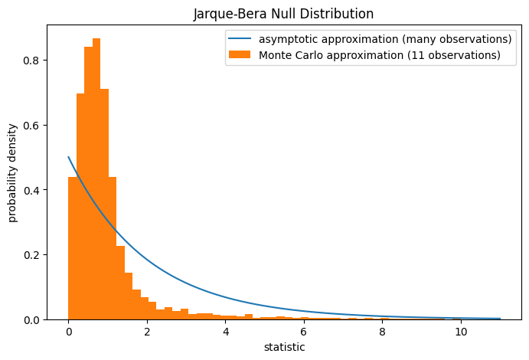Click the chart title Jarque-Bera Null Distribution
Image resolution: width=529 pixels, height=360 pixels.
[x=284, y=13]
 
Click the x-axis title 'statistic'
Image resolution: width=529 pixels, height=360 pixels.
[x=284, y=347]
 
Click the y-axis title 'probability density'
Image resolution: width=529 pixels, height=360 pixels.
[x=13, y=172]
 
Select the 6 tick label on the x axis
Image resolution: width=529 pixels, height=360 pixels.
[x=304, y=332]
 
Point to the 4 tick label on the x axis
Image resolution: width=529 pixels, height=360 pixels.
[x=226, y=332]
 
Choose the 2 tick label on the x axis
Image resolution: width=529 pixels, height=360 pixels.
[x=147, y=332]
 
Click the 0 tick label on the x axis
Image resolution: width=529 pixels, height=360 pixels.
[x=69, y=332]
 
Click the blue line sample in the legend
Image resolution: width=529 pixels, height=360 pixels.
[x=240, y=39]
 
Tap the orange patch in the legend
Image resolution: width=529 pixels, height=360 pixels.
[x=240, y=55]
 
